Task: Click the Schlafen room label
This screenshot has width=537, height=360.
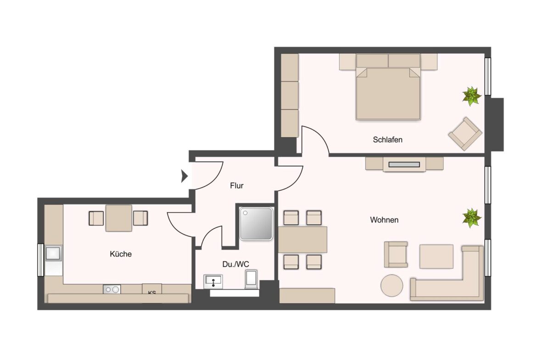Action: pos(387,139)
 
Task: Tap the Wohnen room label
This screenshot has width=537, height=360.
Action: pos(384,220)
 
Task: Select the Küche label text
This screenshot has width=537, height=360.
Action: pos(121,254)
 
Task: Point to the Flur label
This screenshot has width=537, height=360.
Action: pos(237,186)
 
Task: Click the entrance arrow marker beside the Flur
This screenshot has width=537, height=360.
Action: pos(185,175)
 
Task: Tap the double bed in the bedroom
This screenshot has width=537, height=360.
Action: pos(388,94)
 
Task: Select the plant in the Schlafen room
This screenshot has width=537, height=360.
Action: pos(471,96)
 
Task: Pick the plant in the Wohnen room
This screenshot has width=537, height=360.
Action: pos(471,217)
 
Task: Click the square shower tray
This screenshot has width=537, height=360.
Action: pos(256,223)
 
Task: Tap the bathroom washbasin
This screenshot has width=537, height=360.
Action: pos(213,281)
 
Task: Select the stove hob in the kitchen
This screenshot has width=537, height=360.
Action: pos(112,289)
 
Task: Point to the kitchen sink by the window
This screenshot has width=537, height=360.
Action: pos(54,253)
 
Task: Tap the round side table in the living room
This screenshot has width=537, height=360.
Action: pos(392,285)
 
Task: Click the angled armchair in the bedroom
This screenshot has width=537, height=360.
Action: pos(465,133)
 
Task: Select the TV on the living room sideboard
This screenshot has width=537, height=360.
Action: pos(404,164)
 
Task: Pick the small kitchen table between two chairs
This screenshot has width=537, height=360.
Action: pos(119,218)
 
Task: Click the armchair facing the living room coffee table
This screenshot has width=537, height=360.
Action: pos(396,254)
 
